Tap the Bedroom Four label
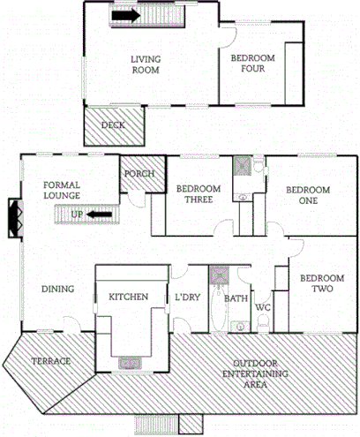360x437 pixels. coord(253,64)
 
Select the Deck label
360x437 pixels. coord(112,125)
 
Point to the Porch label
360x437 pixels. coord(139,174)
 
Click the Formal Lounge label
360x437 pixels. coord(62,190)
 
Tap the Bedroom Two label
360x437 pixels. coord(315,283)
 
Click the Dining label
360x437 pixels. coord(57,290)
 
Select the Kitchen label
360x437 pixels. coord(128,297)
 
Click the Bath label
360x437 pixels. coord(236,298)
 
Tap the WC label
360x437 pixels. coord(263,307)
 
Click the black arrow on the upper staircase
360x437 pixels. coord(127,15)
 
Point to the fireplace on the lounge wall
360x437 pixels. coord(14,218)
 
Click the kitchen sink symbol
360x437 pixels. coord(129,361)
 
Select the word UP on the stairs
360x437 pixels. coord(78,215)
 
